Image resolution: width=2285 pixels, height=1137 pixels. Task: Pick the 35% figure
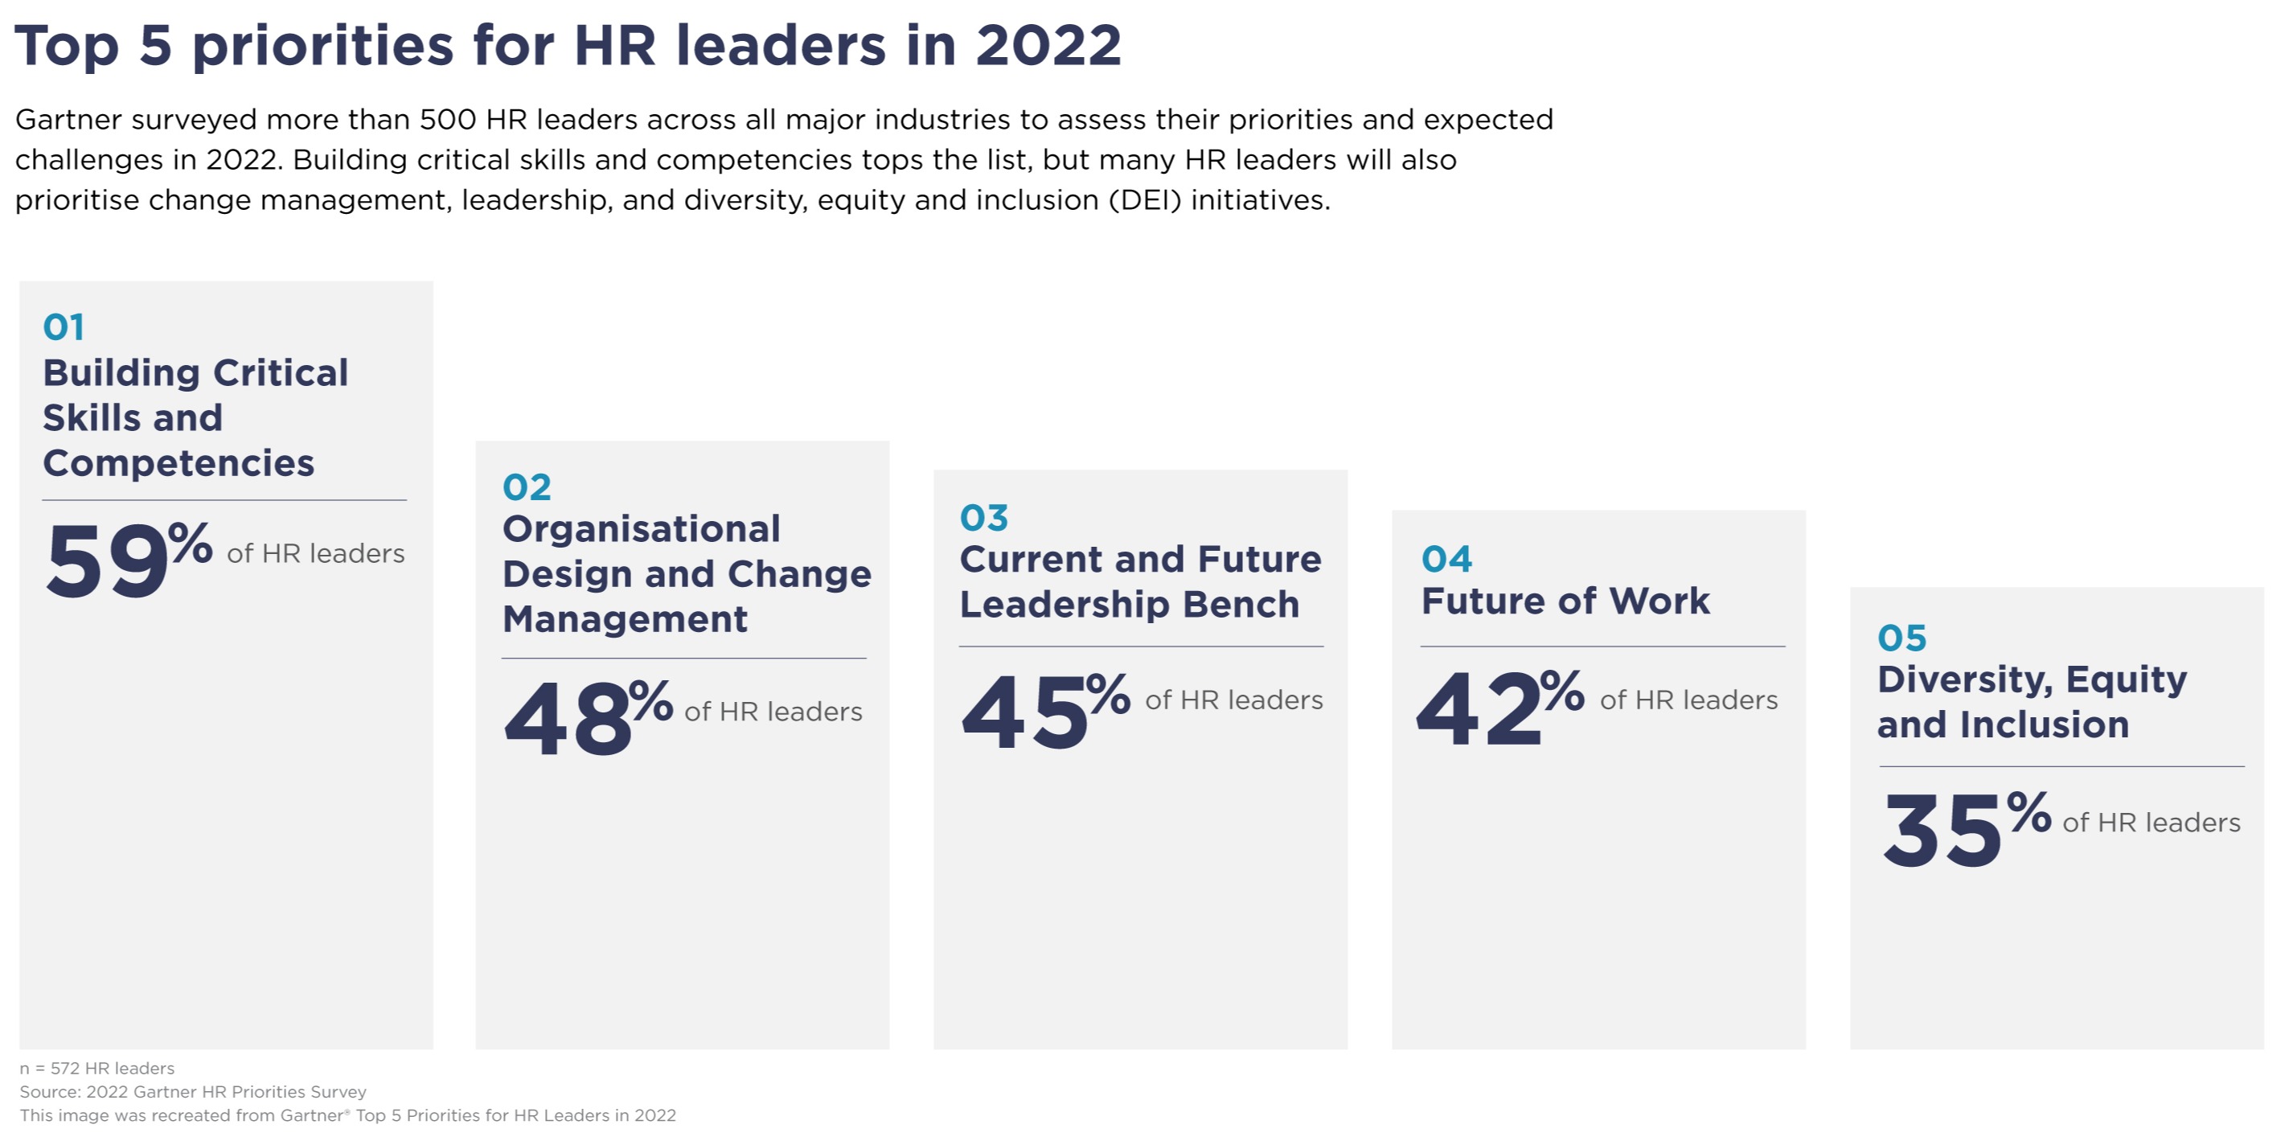(x=1964, y=830)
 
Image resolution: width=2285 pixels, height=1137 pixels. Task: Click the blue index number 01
(x=64, y=327)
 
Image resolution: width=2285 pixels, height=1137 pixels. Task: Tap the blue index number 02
(x=527, y=487)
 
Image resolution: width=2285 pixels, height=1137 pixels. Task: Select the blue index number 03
(x=984, y=518)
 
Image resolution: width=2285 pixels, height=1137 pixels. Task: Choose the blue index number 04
(x=1446, y=560)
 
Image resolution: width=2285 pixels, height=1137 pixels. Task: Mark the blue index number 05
(x=1901, y=638)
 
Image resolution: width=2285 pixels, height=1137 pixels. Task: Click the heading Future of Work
(x=1565, y=601)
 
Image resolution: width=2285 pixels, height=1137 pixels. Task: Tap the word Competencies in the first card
(x=178, y=463)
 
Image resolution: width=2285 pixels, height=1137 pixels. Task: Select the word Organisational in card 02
(x=642, y=529)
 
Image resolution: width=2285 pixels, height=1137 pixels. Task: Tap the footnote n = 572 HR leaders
(x=96, y=1068)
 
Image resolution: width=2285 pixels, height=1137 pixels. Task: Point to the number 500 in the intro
(x=448, y=120)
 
